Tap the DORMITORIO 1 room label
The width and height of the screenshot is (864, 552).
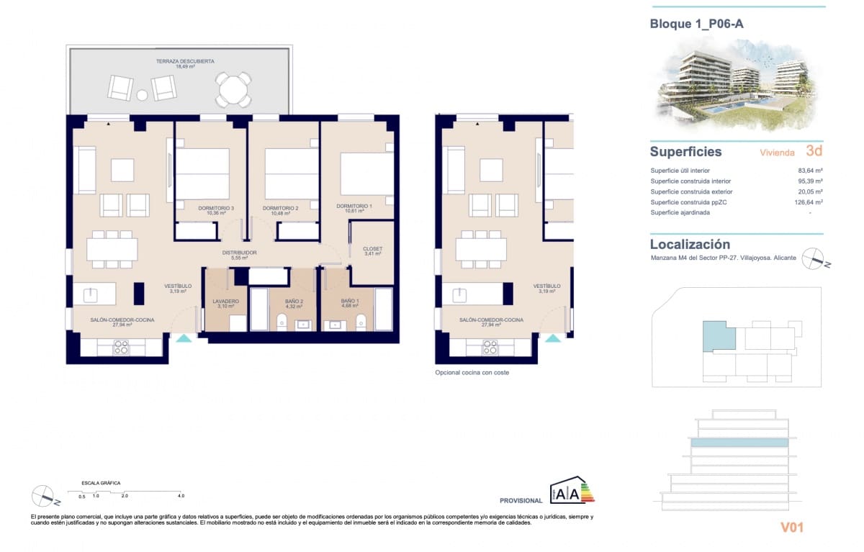pyautogui.click(x=354, y=207)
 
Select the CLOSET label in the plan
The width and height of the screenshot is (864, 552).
pyautogui.click(x=372, y=249)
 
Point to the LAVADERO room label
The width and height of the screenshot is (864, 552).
pyautogui.click(x=225, y=301)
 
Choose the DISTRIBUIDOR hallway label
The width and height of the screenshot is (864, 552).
pyautogui.click(x=239, y=253)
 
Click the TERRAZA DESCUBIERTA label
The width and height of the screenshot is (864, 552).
pyautogui.click(x=185, y=62)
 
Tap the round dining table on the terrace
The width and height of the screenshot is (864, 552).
pyautogui.click(x=233, y=91)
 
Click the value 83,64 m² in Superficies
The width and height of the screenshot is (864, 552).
pyautogui.click(x=810, y=171)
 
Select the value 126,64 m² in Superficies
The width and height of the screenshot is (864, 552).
pyautogui.click(x=809, y=202)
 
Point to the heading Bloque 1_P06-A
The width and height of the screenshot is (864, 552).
pyautogui.click(x=696, y=24)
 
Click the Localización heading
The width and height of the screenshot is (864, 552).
pyautogui.click(x=689, y=244)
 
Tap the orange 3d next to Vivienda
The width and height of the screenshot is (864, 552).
pyautogui.click(x=814, y=152)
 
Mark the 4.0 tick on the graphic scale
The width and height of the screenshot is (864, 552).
pyautogui.click(x=181, y=496)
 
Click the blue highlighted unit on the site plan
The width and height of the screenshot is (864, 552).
pyautogui.click(x=718, y=336)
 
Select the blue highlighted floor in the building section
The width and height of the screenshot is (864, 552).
pyautogui.click(x=739, y=443)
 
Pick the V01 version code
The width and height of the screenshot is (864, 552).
pyautogui.click(x=791, y=528)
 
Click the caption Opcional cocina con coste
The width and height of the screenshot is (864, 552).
pyautogui.click(x=472, y=373)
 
